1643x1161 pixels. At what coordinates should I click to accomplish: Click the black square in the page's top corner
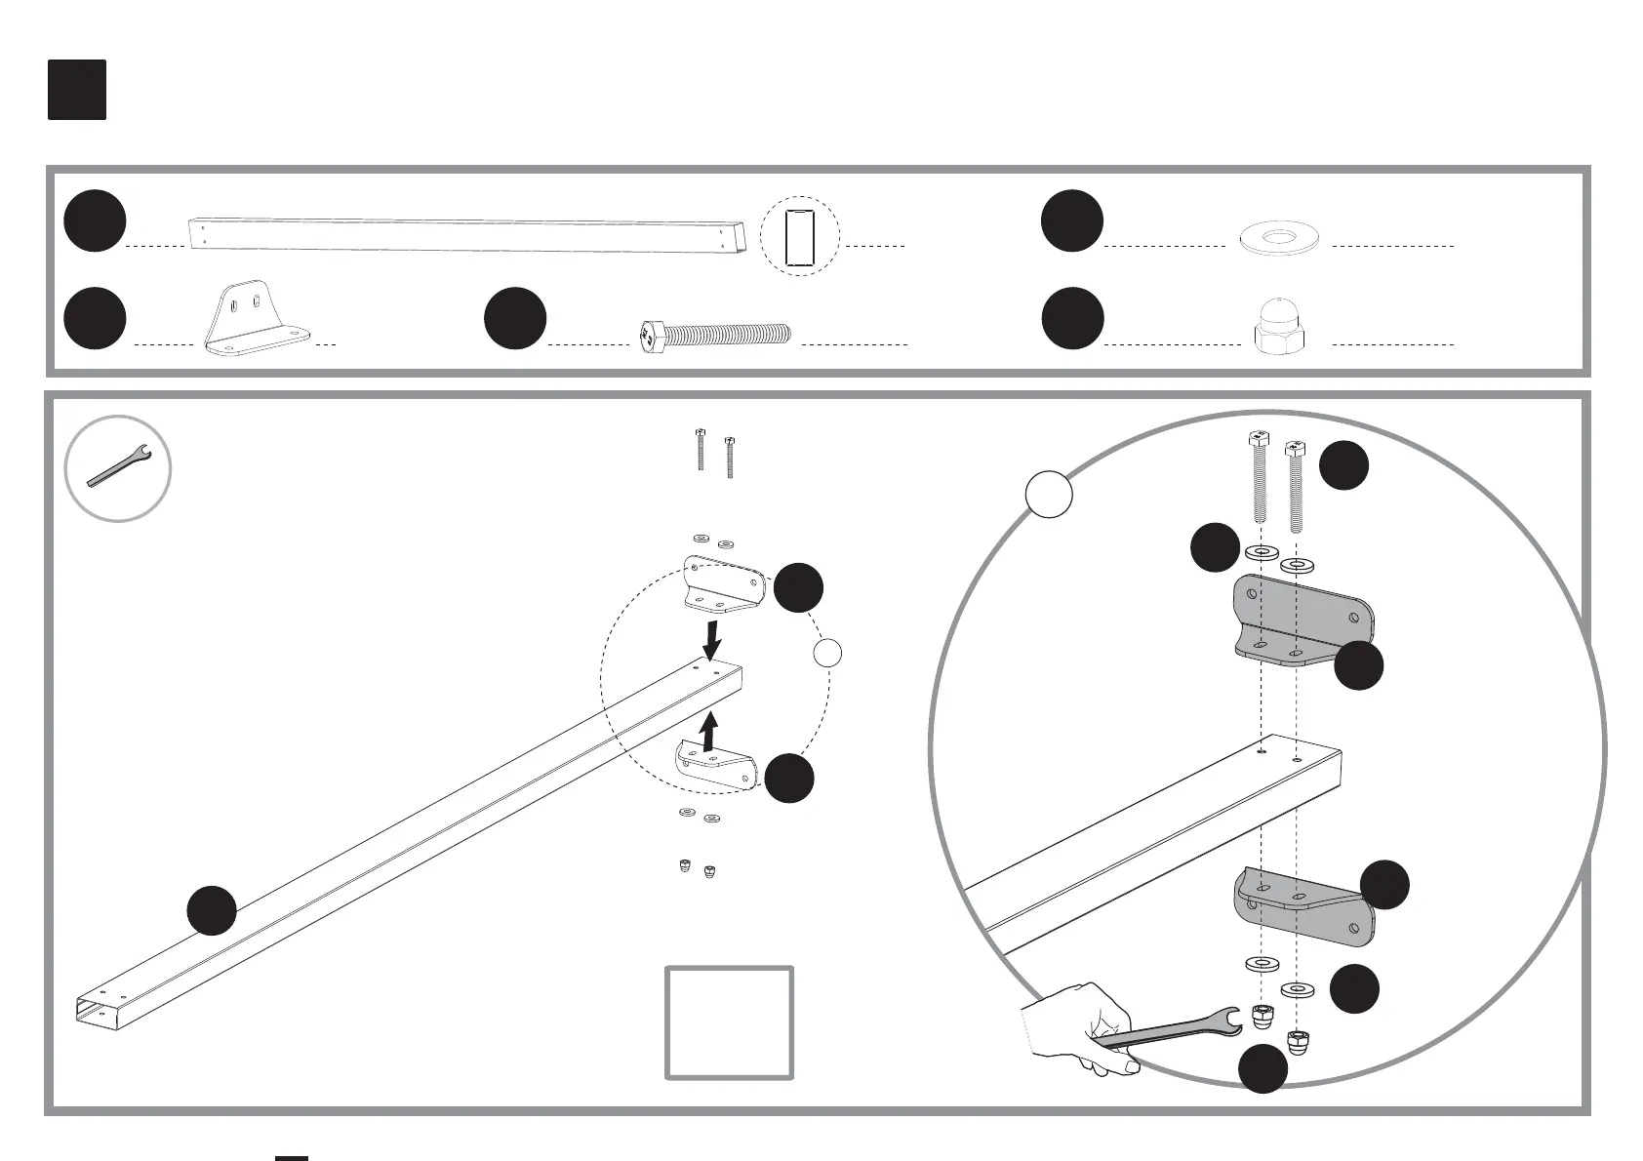(x=77, y=90)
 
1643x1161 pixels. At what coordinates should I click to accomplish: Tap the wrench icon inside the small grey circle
(x=118, y=467)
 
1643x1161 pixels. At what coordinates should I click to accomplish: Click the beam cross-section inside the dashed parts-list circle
(x=799, y=236)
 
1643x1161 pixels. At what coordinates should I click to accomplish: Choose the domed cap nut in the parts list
(x=1278, y=325)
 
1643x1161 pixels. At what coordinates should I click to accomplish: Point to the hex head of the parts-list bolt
(x=652, y=337)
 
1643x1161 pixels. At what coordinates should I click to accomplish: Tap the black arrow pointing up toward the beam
(x=710, y=732)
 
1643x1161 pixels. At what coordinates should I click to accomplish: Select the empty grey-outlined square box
(x=729, y=1022)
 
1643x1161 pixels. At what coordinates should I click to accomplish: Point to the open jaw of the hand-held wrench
(x=1231, y=1021)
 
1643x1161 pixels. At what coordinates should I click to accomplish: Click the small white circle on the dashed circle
(x=827, y=653)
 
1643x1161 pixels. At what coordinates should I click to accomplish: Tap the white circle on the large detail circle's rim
(x=1049, y=495)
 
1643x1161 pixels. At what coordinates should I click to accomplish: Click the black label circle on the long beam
(x=212, y=910)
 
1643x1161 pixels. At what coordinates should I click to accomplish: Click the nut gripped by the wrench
(x=1259, y=1017)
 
